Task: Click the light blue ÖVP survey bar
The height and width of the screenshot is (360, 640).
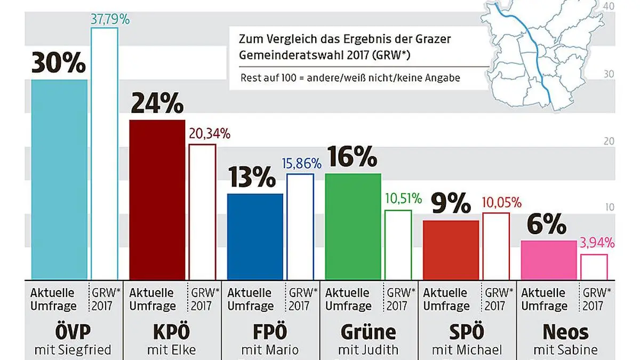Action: pos(59,179)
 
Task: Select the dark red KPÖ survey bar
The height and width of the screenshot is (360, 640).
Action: pos(157,198)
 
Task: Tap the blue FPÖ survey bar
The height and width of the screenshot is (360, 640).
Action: pos(255,235)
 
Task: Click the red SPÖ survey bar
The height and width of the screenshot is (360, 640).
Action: pos(451,249)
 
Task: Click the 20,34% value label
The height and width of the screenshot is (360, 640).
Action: pos(209,134)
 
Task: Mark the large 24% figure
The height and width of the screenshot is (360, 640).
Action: pos(157,104)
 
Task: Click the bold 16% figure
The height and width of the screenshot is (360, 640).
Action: pos(353,157)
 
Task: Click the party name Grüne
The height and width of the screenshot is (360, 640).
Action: pos(368,332)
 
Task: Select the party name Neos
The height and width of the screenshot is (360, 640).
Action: pos(565,332)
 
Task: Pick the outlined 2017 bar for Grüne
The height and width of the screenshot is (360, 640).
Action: pos(398,244)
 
